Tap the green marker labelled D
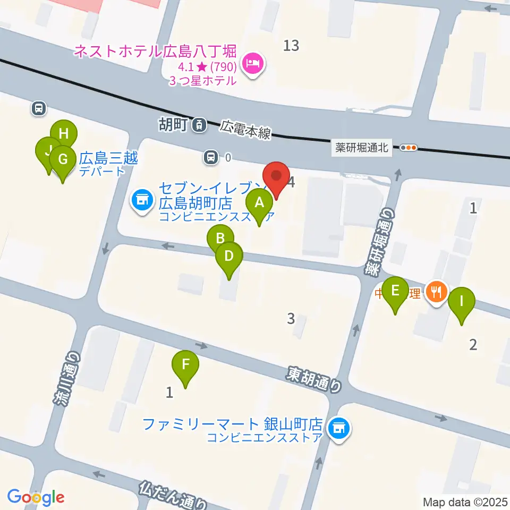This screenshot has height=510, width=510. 229,257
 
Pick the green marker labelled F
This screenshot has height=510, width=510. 185,365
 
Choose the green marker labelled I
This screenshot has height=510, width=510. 461,302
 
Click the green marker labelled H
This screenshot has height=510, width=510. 64,134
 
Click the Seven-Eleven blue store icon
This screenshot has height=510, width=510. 141,201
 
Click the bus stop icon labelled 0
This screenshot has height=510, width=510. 211,157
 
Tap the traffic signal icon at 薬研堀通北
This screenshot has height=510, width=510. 409,148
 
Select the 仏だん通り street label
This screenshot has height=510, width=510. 173,494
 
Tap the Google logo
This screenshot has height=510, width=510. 36,497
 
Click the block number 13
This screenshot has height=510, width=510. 291,46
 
